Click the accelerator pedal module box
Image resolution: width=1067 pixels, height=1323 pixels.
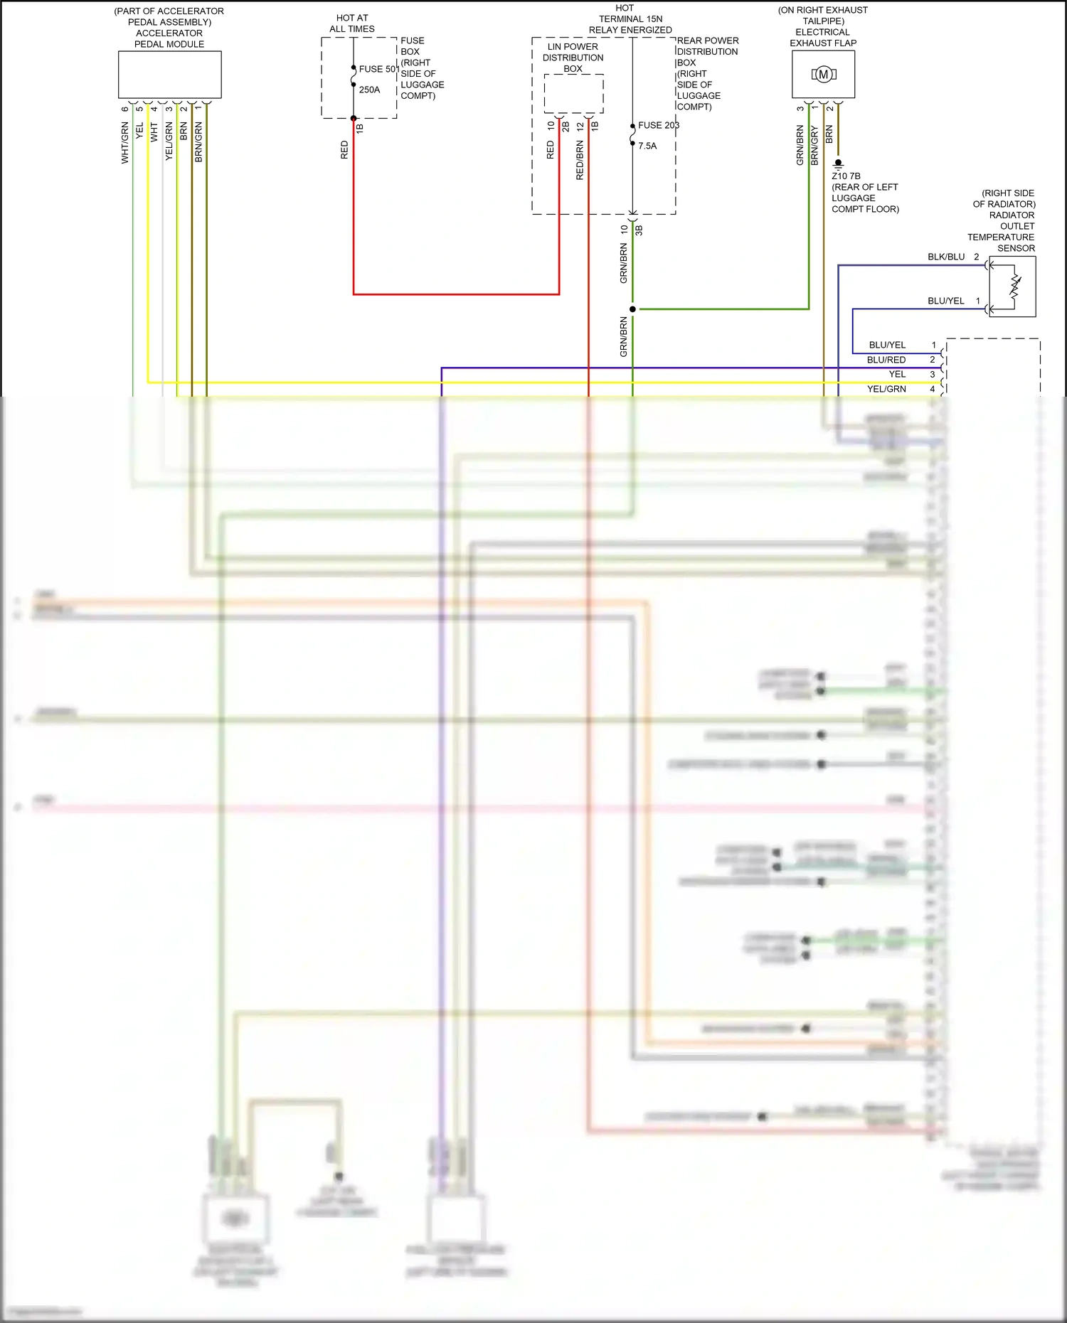click(169, 74)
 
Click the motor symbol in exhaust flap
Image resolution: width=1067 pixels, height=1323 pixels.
click(823, 74)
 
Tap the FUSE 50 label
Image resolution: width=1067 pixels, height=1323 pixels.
click(378, 69)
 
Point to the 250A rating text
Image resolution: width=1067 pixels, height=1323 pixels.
click(369, 90)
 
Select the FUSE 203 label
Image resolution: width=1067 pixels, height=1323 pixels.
click(658, 125)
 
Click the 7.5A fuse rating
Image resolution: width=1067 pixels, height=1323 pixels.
click(647, 146)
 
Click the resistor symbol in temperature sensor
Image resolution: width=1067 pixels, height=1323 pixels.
click(1016, 286)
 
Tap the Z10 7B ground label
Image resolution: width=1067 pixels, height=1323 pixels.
click(846, 176)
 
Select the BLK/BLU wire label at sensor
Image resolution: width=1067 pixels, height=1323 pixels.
click(946, 257)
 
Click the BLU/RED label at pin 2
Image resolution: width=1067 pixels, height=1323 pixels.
click(886, 360)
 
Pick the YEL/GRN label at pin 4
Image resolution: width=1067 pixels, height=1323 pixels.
click(886, 389)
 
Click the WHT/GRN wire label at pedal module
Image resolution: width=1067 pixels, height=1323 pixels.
click(125, 142)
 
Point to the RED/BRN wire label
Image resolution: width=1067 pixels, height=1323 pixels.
click(580, 160)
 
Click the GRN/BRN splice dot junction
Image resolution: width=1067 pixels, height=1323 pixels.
click(632, 309)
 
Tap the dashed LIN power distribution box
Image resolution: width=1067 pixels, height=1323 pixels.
click(573, 93)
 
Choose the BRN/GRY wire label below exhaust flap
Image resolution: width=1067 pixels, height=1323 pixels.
click(814, 146)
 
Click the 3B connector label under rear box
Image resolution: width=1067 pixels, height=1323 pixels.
click(639, 230)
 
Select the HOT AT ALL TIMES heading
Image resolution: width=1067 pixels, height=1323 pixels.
click(352, 23)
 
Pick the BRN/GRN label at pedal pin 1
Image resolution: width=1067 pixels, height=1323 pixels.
click(198, 142)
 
